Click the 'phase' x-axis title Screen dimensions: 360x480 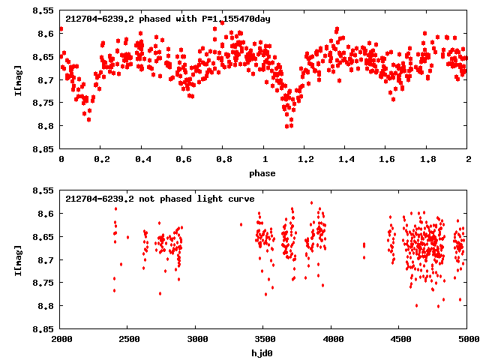[x=262, y=173]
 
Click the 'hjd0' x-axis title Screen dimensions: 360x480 [x=262, y=352]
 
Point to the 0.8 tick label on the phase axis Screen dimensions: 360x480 [x=223, y=160]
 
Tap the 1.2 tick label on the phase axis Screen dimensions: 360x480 [x=305, y=160]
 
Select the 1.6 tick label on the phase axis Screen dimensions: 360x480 [x=387, y=160]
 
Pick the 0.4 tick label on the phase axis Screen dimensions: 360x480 [x=142, y=160]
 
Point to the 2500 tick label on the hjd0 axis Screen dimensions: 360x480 [x=127, y=339]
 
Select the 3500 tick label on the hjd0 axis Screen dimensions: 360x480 [x=263, y=339]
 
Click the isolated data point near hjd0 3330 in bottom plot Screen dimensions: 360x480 [x=241, y=224]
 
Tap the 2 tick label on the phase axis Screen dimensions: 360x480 [x=468, y=160]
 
